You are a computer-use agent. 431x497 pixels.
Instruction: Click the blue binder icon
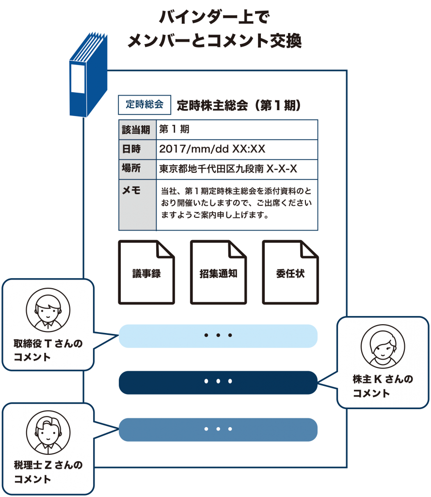click(x=88, y=75)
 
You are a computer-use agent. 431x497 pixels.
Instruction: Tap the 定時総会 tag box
click(x=144, y=105)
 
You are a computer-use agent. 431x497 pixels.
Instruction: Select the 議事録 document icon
click(x=146, y=272)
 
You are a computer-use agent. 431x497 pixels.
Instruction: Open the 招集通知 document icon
click(x=218, y=272)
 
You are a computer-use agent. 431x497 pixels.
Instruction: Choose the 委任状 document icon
click(x=290, y=272)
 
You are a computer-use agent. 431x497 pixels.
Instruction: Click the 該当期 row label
click(x=136, y=130)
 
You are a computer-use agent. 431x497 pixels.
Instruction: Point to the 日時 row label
click(x=131, y=149)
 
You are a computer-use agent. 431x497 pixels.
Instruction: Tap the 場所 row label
click(x=131, y=168)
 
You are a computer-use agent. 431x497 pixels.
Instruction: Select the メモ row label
click(x=131, y=190)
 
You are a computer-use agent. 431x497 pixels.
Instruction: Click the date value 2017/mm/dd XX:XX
click(x=212, y=149)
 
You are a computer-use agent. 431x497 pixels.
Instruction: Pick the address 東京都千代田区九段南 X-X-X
click(x=228, y=168)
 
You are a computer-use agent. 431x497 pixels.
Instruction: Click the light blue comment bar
click(x=218, y=336)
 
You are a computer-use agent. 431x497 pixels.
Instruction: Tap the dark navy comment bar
click(x=218, y=382)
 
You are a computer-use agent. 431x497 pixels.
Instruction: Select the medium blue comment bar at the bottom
click(x=218, y=430)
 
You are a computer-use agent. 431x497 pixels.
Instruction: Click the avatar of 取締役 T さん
click(x=48, y=310)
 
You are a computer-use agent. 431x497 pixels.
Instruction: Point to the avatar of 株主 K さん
click(x=383, y=347)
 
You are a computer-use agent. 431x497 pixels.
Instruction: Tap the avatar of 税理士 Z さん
click(x=48, y=432)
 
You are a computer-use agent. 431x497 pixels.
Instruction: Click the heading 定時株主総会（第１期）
click(x=239, y=105)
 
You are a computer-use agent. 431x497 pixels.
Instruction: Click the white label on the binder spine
click(x=78, y=79)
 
